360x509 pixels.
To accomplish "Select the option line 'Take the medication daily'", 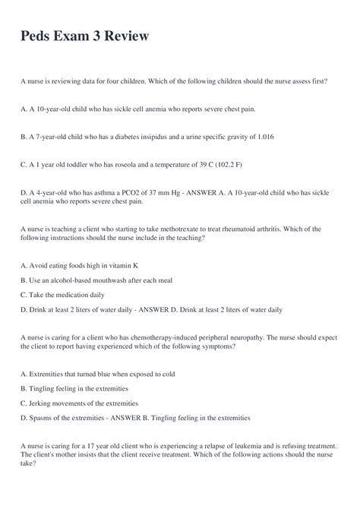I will pyautogui.click(x=73, y=296).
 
